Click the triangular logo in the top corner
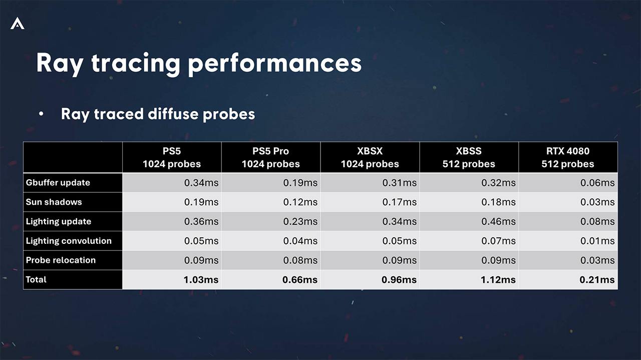(x=17, y=23)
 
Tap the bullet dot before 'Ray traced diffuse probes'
(x=41, y=115)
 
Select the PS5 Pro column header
(x=270, y=157)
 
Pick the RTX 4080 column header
(x=568, y=157)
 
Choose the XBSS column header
(x=469, y=157)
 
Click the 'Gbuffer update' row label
(x=58, y=183)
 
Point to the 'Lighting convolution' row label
(x=69, y=241)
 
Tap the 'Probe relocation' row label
(x=61, y=260)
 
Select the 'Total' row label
(x=36, y=279)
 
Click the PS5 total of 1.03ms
(x=201, y=280)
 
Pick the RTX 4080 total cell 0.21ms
(x=597, y=280)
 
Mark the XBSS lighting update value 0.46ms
(x=498, y=222)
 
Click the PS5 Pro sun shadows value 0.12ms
(x=300, y=202)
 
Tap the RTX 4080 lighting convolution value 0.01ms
(x=597, y=241)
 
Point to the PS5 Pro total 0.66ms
(x=300, y=280)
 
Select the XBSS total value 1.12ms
(x=498, y=280)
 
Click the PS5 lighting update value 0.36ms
(x=201, y=222)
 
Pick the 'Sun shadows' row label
(x=54, y=202)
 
